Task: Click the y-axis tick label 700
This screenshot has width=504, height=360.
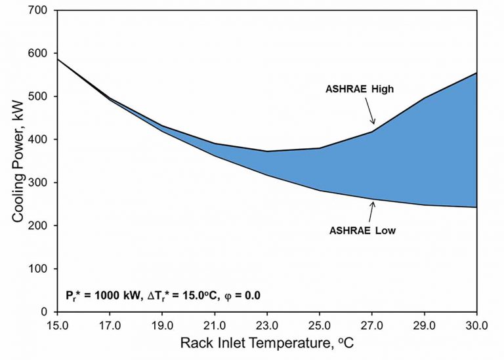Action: coord(41,10)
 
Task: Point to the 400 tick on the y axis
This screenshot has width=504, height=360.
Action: coord(41,140)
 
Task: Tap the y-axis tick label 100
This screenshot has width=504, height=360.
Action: coord(41,269)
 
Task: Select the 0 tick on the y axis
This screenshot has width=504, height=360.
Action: coord(46,312)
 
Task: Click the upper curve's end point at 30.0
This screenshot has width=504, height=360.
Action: coord(476,73)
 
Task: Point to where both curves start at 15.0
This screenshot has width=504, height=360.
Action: coord(57,59)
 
